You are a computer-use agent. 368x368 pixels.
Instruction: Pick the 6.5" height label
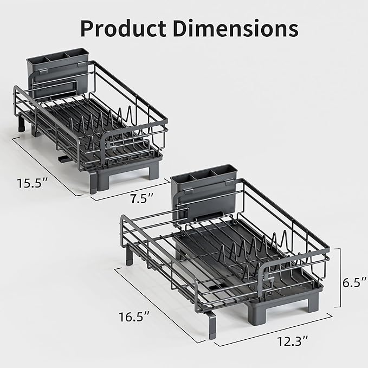[354, 282]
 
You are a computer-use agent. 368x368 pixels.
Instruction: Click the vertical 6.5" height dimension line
[339, 283]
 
